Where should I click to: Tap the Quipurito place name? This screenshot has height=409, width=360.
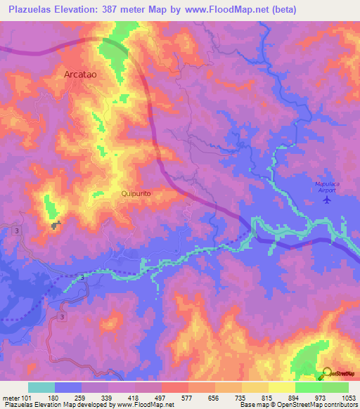coord(136,193)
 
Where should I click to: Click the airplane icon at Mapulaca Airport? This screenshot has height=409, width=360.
coord(326,200)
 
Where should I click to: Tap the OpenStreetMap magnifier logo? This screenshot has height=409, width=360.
coord(327,374)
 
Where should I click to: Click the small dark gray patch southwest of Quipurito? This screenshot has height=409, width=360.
coord(56,225)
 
